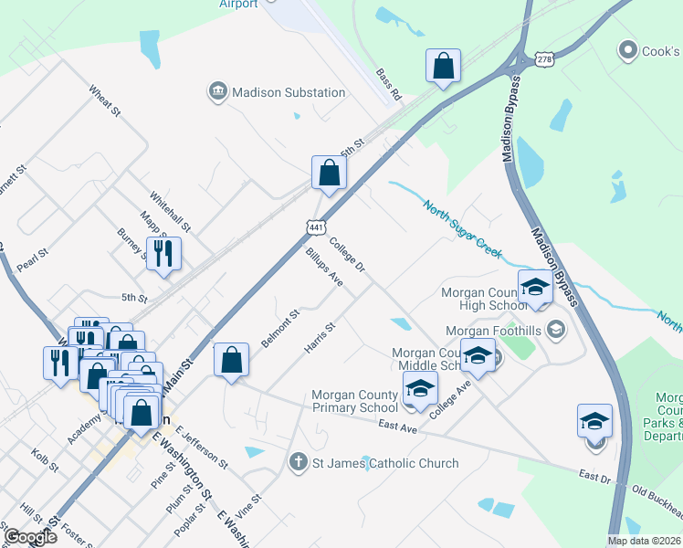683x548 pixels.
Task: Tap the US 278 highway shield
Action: (545, 58)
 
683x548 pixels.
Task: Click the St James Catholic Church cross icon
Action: (297, 463)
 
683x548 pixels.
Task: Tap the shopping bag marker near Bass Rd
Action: (443, 67)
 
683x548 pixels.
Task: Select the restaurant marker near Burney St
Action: (163, 254)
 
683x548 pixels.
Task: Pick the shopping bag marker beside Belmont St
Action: (232, 359)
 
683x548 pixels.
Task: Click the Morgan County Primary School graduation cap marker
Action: (420, 389)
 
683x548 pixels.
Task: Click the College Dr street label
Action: (347, 255)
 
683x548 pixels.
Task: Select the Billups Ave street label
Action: (324, 267)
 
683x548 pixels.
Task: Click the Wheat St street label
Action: (105, 102)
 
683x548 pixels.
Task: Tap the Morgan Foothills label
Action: (494, 330)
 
